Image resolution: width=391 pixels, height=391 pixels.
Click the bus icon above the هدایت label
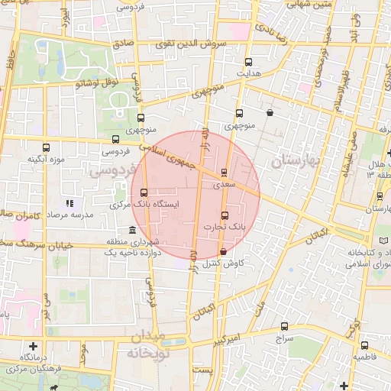247,63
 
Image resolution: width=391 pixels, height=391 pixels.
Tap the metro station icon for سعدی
224,172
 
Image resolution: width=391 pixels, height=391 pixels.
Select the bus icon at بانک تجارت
224,215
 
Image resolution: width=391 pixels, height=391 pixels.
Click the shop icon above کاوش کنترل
222,251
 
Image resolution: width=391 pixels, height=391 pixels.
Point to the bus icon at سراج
285,325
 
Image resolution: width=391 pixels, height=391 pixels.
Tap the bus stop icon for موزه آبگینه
46,147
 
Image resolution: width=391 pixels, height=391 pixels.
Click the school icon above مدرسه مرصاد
69,203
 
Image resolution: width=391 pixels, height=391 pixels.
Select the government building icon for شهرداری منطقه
133,230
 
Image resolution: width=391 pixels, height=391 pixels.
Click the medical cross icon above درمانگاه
32,346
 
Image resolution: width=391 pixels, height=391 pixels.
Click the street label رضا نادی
272,32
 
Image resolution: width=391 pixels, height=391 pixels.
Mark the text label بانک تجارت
225,228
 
